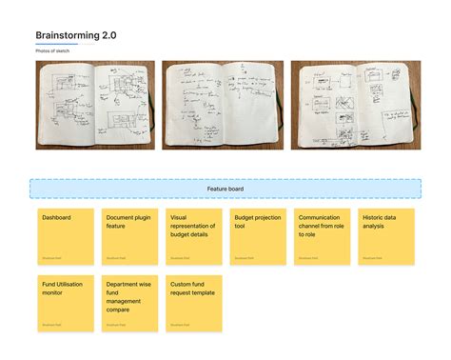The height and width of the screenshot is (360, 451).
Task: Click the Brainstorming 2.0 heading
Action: [x=76, y=35]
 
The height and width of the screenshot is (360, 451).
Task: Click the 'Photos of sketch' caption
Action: [x=51, y=50]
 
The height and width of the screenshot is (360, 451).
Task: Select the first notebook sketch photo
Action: [x=94, y=105]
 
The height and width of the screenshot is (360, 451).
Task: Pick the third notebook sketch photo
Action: [x=355, y=105]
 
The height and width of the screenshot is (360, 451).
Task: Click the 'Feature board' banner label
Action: [x=225, y=189]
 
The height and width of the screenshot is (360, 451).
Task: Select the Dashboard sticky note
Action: [x=66, y=236]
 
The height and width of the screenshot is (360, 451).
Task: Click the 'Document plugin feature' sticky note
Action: [x=129, y=236]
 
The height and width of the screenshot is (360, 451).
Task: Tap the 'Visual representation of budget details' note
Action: [x=194, y=236]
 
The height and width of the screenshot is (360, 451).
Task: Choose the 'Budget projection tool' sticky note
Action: [x=258, y=236]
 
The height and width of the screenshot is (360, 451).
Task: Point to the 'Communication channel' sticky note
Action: [x=322, y=236]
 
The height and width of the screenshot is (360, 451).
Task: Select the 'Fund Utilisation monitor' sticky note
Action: [x=66, y=303]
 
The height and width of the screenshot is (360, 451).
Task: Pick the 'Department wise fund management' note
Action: [x=129, y=303]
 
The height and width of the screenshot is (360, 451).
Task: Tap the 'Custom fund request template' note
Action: [x=194, y=303]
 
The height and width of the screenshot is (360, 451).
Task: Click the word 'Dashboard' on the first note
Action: [x=57, y=217]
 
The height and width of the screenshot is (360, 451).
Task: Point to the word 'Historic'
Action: [x=373, y=217]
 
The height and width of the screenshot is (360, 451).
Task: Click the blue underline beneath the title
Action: [x=56, y=44]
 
